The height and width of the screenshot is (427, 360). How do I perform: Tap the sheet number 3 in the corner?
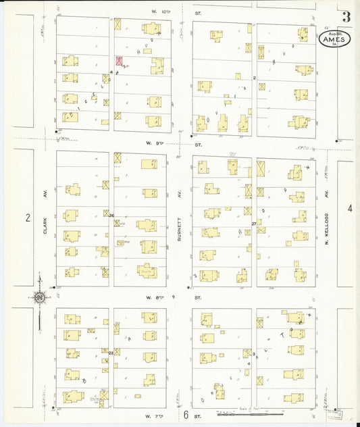coord(346,16)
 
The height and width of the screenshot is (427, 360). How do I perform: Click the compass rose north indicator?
coord(40,297)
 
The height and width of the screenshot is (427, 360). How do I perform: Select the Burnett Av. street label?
coord(180,225)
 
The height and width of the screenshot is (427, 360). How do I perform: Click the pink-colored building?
coord(120,61)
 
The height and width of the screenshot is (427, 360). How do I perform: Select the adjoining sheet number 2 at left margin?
coord(28,217)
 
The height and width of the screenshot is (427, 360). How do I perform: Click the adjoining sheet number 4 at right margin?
coord(350,209)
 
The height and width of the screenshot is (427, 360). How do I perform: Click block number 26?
coord(111,216)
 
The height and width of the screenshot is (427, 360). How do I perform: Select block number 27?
coord(255,223)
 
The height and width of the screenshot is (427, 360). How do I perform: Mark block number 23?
coord(111,352)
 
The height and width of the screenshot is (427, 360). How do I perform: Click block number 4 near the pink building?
coord(111,70)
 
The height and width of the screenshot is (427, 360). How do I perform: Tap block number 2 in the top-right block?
coord(254,78)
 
